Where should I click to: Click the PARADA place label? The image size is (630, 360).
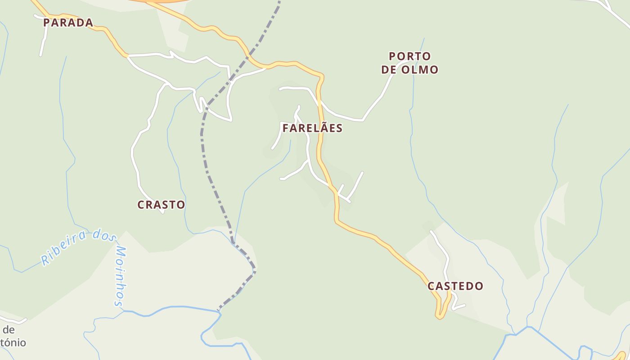click(68, 22)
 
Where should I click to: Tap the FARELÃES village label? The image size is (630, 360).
click(312, 128)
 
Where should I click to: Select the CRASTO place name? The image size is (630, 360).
click(161, 205)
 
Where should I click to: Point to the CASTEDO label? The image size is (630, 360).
click(455, 286)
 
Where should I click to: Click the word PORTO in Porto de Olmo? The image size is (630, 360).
click(410, 57)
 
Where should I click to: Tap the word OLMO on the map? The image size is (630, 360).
click(421, 70)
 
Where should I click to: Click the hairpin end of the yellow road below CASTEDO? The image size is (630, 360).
click(439, 317)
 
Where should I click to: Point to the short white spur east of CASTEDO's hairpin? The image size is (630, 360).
click(459, 307)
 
